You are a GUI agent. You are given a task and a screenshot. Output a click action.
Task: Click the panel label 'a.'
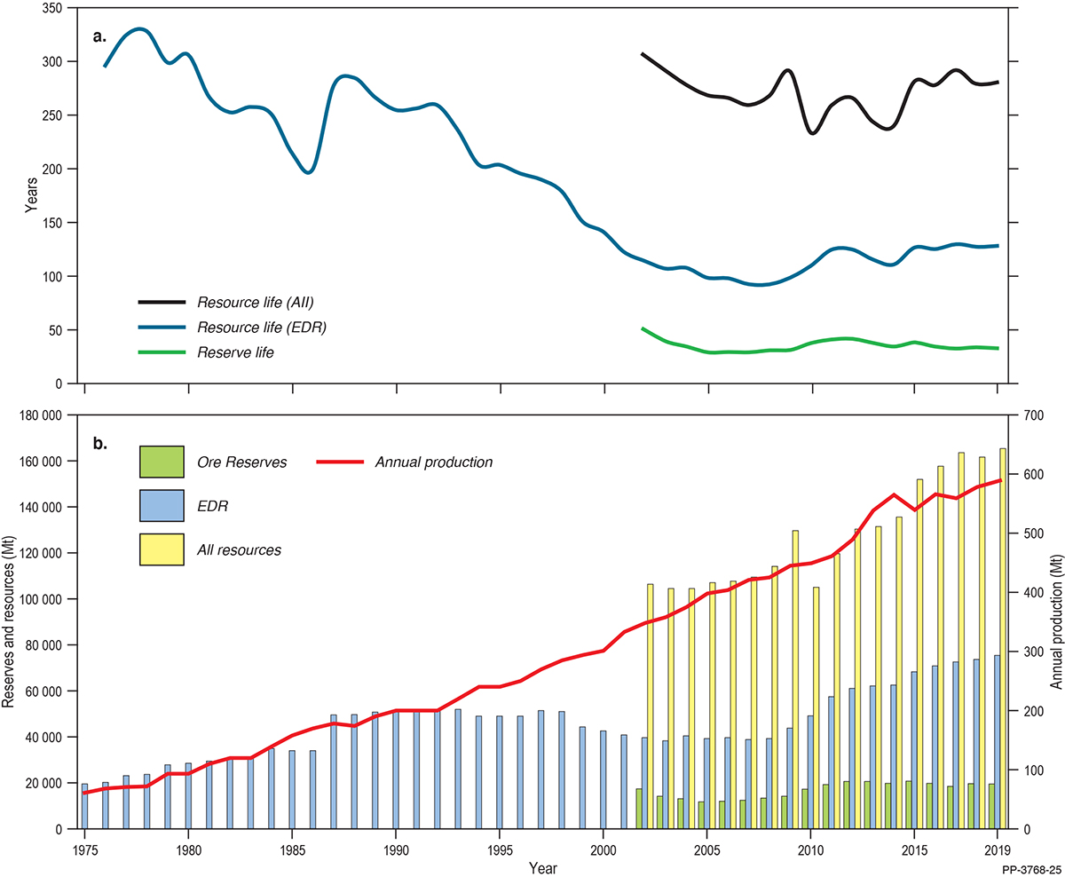click(99, 36)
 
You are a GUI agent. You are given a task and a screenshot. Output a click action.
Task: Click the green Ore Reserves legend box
click(161, 462)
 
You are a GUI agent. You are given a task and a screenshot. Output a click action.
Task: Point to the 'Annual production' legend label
click(434, 462)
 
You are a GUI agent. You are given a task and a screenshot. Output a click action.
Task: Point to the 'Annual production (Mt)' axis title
click(1056, 622)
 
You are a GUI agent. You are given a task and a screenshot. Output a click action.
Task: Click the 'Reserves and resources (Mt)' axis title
click(9, 622)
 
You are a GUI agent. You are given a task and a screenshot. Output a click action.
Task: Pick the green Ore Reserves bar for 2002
click(639, 809)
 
